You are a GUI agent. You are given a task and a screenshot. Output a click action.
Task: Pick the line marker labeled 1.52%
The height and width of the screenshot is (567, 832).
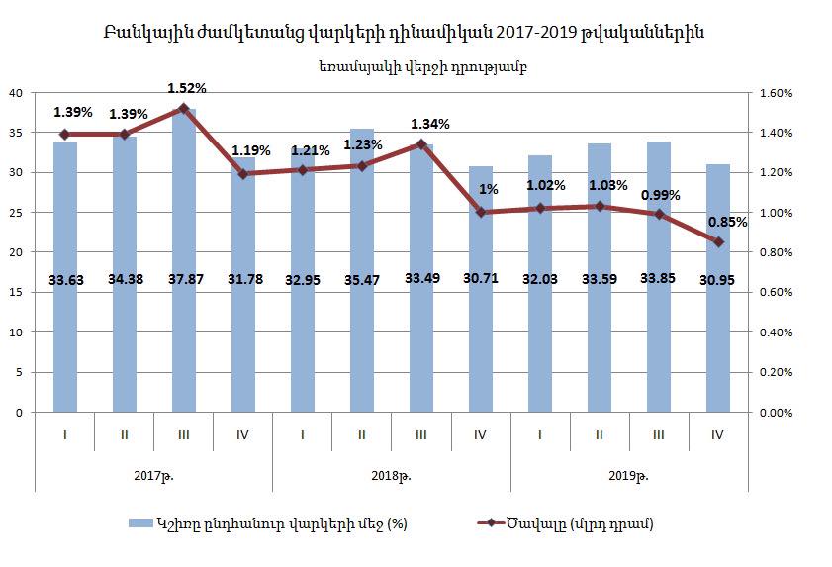pyautogui.click(x=183, y=108)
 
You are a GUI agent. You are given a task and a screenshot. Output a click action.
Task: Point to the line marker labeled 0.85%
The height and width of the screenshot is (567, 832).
pyautogui.click(x=718, y=242)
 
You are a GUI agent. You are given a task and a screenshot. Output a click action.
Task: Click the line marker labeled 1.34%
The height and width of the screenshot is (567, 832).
pyautogui.click(x=420, y=144)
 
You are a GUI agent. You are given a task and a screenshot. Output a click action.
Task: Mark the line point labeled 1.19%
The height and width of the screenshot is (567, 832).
pyautogui.click(x=242, y=174)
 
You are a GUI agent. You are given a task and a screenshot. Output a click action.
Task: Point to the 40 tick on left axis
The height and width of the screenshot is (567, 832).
pyautogui.click(x=16, y=93)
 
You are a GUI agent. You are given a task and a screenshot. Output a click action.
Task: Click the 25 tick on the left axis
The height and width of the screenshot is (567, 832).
pyautogui.click(x=16, y=213)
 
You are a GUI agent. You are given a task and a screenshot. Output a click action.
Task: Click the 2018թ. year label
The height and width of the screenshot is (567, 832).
pyautogui.click(x=392, y=475)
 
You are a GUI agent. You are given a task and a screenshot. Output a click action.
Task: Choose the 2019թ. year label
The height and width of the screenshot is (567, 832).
pyautogui.click(x=629, y=475)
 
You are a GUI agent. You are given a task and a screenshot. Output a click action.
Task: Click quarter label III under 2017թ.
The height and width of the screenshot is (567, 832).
pyautogui.click(x=183, y=433)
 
